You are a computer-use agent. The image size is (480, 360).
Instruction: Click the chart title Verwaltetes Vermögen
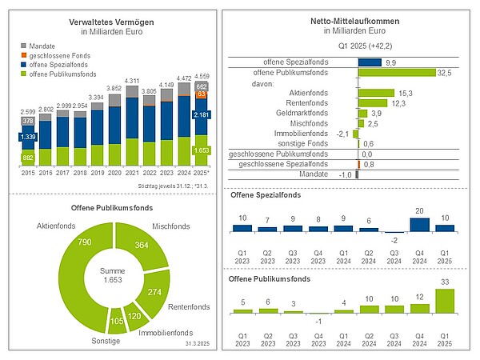pos(111,22)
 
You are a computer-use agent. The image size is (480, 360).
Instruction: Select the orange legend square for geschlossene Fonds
pos(23,55)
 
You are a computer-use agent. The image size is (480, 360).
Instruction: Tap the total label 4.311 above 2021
pos(132,81)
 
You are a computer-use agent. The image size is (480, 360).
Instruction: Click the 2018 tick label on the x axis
pos(80,173)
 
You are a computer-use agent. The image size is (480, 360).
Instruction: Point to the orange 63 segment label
pos(201,94)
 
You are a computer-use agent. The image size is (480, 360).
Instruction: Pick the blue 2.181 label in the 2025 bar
pos(201,114)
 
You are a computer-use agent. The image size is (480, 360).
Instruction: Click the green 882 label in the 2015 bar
pos(28,158)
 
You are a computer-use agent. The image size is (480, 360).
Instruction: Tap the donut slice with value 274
pos(154,291)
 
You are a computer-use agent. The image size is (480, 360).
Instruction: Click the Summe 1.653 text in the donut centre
pos(112,275)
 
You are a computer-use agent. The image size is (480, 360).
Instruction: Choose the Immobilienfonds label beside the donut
pos(166,333)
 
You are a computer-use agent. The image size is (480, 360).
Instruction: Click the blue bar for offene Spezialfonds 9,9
pos(370,62)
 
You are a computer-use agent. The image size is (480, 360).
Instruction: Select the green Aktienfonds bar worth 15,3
pos(377,93)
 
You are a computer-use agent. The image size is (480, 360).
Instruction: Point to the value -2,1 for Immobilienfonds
pos(342,134)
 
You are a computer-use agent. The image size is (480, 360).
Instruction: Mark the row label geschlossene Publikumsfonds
pos(278,154)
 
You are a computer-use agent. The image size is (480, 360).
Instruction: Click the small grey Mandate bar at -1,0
pos(357,174)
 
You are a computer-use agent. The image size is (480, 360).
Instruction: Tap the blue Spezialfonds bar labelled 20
pos(419,225)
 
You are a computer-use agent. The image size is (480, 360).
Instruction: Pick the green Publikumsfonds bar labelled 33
pos(445,302)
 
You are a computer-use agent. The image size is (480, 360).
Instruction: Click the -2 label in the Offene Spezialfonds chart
pos(394,241)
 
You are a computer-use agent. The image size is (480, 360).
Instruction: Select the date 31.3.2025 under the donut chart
pos(197,343)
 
